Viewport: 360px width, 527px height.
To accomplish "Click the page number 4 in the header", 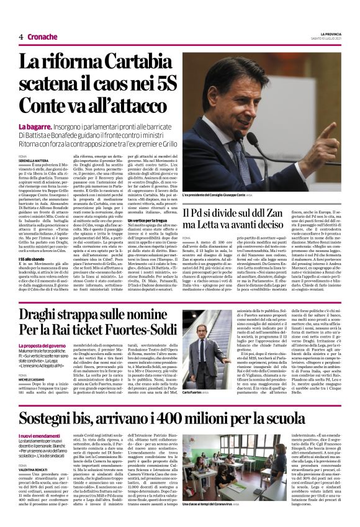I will point(21,37).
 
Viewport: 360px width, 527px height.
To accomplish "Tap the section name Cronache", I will point(42,37).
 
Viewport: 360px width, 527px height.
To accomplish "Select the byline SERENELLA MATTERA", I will point(34,160).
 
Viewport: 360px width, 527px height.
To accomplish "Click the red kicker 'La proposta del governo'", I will point(42,345).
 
